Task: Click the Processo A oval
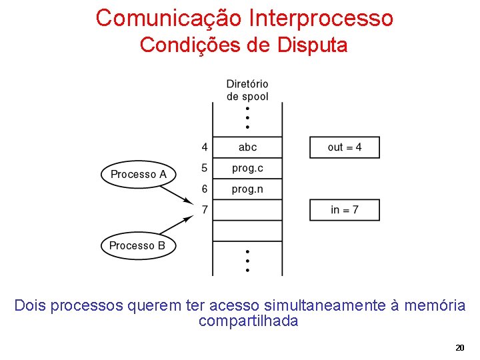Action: click(138, 175)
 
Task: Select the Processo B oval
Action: click(137, 245)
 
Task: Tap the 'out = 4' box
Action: click(345, 147)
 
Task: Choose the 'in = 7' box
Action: click(345, 210)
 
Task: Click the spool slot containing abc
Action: click(247, 147)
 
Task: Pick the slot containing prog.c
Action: click(247, 168)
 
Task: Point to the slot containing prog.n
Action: click(247, 189)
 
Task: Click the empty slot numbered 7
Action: click(247, 210)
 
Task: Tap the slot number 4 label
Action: click(204, 147)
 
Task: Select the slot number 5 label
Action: click(204, 168)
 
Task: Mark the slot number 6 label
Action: click(204, 189)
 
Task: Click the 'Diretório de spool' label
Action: click(247, 90)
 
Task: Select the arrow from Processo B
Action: click(176, 225)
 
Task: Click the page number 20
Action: click(459, 348)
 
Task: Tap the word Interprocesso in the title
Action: click(321, 18)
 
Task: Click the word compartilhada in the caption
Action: click(248, 321)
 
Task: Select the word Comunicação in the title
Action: click(169, 18)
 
